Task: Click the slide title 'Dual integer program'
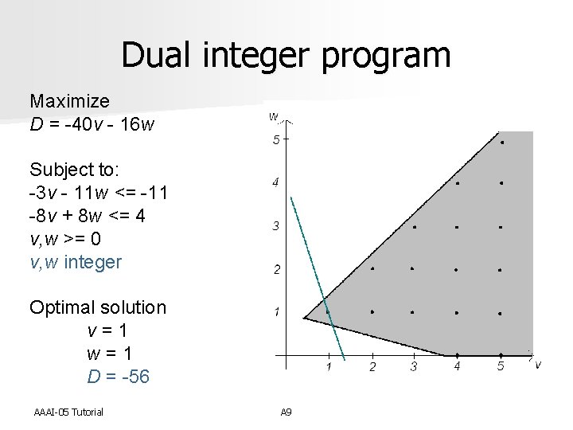286,56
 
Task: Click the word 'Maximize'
69,101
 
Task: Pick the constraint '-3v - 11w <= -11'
98,193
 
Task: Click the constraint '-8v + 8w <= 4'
88,216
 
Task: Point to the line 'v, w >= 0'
69,239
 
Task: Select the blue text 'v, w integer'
76,261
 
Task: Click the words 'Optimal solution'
98,307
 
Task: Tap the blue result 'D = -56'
118,376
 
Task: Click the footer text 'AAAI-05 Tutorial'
68,411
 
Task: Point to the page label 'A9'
286,411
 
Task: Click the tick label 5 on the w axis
275,141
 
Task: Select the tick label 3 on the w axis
275,227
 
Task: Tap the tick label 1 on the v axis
329,366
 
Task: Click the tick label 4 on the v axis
457,366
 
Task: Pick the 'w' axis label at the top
273,116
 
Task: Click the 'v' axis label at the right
538,364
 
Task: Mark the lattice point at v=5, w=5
501,142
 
